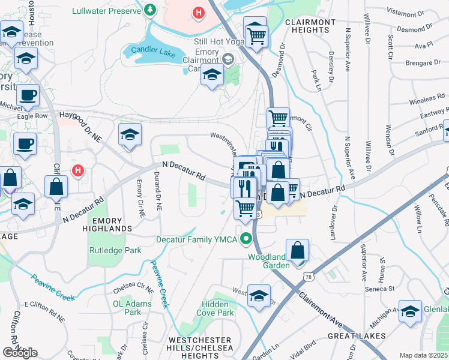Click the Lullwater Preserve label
tap(106, 11)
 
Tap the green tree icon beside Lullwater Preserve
tap(149, 10)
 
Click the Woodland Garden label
tap(268, 261)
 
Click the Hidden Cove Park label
tap(217, 313)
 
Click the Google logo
tap(20, 353)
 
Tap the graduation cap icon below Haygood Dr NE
tap(130, 136)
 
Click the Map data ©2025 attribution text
tap(423, 355)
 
